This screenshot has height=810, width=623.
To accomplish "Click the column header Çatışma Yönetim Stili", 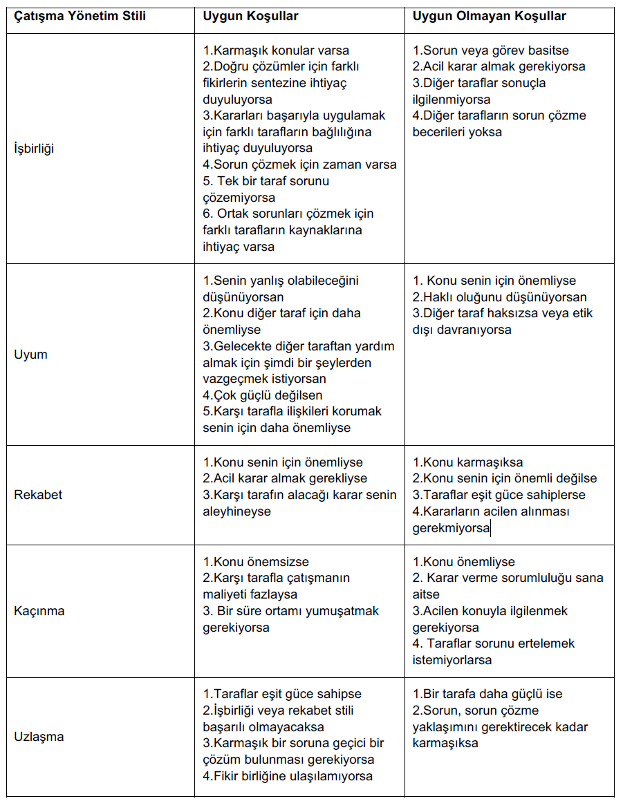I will [x=80, y=16].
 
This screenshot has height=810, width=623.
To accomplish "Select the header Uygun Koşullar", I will [x=250, y=16].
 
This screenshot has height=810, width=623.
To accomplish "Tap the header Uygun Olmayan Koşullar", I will [x=489, y=16].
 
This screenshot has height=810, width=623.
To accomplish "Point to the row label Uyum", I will [x=30, y=355].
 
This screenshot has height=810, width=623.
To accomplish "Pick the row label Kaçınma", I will [x=39, y=611].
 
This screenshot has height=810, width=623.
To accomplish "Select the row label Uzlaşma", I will [x=39, y=737].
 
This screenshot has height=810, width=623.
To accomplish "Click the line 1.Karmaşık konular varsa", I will [x=276, y=50].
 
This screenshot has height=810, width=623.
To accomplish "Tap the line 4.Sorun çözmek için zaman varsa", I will [x=299, y=164].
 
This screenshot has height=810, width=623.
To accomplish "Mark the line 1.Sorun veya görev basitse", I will [x=491, y=50].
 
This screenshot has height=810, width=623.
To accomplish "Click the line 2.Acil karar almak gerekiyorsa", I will [x=499, y=66].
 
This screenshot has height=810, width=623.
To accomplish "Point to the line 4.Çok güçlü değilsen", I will [x=262, y=395].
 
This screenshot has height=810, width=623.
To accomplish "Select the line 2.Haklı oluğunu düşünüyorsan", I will [x=499, y=297].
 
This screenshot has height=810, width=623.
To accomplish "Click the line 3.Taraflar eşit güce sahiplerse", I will [x=499, y=495].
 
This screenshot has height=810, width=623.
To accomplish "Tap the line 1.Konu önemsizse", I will [x=256, y=562].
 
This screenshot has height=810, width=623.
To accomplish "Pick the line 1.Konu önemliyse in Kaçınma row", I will [x=463, y=562].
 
